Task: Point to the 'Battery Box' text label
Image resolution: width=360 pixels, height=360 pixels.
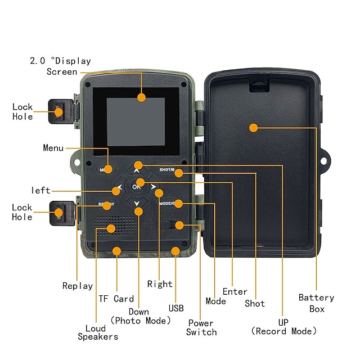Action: (316, 303)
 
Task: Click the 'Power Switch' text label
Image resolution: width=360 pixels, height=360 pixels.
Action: (201, 327)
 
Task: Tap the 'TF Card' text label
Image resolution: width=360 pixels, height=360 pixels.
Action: (116, 299)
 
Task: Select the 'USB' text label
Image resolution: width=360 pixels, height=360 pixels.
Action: (175, 308)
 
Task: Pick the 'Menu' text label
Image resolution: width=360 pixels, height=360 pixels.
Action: (53, 148)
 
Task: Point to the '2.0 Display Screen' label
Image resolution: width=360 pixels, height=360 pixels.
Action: (60, 66)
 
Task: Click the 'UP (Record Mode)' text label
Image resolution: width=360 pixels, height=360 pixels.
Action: (285, 326)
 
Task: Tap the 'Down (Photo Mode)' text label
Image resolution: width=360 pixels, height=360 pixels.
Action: (140, 316)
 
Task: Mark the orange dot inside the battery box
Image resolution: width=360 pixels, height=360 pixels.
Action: (253, 128)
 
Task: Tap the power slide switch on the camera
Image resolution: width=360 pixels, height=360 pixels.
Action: (166, 225)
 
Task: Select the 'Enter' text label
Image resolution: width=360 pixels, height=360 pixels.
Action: (235, 291)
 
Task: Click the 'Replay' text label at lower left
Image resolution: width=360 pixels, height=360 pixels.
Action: (77, 286)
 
